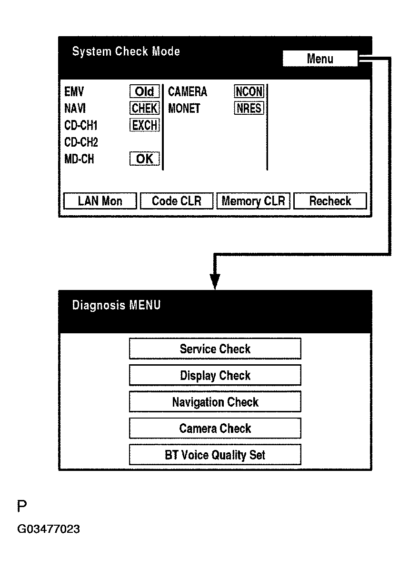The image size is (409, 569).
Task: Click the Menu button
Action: coord(319,59)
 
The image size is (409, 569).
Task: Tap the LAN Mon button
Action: coord(100,201)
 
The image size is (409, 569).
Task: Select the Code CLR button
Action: coord(177,201)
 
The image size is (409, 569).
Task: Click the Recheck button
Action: coord(330,201)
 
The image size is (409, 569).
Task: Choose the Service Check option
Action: coord(215,349)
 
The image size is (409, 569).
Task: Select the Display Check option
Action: coord(215,375)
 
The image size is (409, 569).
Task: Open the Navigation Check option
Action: coord(215,402)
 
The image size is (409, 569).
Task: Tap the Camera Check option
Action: coord(215,429)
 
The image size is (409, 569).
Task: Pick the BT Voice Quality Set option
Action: coord(215,455)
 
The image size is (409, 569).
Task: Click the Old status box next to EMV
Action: coord(144,91)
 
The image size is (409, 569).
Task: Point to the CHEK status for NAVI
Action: coord(144,109)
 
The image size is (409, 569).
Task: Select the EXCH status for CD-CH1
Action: coord(144,126)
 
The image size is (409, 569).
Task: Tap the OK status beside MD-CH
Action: coord(144,159)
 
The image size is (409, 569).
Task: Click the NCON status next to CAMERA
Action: coord(249,91)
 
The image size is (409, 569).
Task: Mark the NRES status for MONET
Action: coord(249,109)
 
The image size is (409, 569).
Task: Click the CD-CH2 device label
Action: coord(81,142)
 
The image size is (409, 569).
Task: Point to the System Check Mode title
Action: coord(126,51)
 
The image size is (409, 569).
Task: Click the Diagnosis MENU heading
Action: coord(116,305)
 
